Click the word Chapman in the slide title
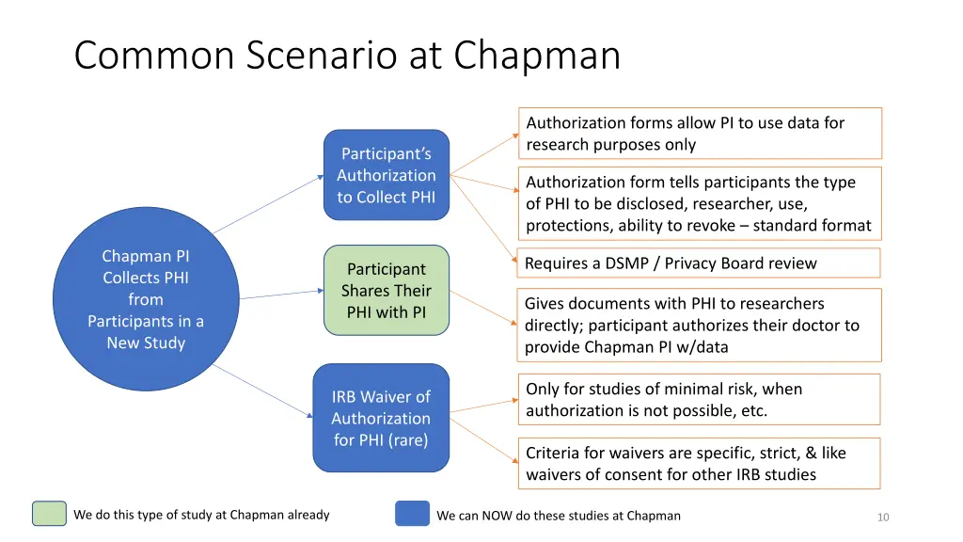tap(537, 55)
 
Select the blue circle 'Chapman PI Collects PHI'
tap(145, 299)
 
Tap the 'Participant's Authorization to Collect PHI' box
tap(387, 175)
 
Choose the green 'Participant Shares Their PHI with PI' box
tap(387, 290)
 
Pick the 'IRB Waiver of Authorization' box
tap(381, 418)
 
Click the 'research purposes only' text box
tap(700, 134)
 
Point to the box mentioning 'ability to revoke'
tap(700, 203)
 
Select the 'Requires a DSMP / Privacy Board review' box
tap(700, 263)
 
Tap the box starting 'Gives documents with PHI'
tap(700, 326)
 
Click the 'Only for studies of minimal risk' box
tap(700, 400)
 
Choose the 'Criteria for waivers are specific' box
tap(700, 464)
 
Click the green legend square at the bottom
tap(49, 514)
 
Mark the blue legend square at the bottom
tap(412, 514)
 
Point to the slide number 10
tap(882, 517)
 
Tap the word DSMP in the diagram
tap(625, 263)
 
